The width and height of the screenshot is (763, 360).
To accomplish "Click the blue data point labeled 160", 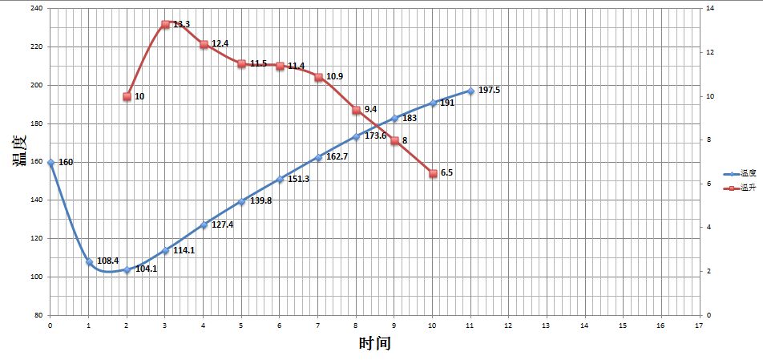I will click(x=50, y=163).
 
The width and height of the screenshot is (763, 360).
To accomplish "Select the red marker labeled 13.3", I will click(x=165, y=24).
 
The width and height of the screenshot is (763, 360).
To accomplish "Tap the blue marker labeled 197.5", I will click(x=470, y=91).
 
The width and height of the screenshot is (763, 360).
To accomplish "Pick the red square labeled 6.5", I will click(x=433, y=173).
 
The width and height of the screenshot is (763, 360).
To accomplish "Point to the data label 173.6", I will click(x=376, y=136).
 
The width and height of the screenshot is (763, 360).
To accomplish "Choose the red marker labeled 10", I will click(x=127, y=96).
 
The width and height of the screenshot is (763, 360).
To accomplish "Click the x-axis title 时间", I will click(x=374, y=344).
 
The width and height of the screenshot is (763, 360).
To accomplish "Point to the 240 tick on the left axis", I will click(x=37, y=9).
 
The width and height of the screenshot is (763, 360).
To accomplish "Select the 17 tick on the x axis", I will click(x=699, y=326).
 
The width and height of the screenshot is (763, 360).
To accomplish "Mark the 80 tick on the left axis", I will click(x=38, y=315).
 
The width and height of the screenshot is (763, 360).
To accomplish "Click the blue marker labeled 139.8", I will click(x=241, y=201).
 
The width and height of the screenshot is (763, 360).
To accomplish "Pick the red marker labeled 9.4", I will click(x=356, y=110).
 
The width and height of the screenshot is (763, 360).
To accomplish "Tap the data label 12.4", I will click(x=221, y=43).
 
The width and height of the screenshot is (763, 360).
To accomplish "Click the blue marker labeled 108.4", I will click(x=89, y=261).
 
